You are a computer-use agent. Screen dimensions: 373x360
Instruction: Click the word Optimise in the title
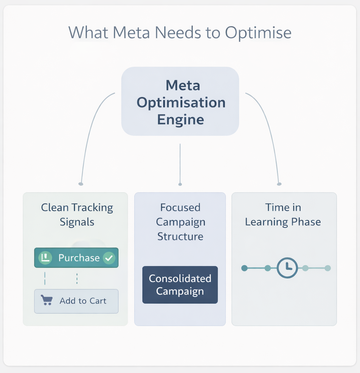pos(258,33)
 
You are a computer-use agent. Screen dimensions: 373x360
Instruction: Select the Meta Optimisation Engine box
pos(180,101)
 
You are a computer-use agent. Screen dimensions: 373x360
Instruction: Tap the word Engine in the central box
pos(180,120)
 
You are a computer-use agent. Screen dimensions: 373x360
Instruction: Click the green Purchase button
pos(76,258)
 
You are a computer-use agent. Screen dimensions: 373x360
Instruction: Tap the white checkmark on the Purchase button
pos(109,258)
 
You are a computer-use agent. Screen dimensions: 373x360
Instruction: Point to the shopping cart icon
pos(47,301)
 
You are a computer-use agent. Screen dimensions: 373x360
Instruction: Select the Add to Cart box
pos(76,301)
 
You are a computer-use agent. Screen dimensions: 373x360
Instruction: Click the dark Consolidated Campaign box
pos(180,285)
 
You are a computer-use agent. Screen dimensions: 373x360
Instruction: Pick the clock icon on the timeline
pos(287,268)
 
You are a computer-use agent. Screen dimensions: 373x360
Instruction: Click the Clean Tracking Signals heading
pos(77,215)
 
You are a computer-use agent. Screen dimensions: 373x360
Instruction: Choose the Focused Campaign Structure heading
pos(180,222)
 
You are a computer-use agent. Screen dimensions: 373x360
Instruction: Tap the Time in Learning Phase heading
pos(283,215)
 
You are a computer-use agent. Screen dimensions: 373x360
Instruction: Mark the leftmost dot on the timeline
pos(244,268)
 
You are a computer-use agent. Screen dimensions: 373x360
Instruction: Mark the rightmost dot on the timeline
pos(328,268)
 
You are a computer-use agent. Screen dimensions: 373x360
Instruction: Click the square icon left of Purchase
pos(45,258)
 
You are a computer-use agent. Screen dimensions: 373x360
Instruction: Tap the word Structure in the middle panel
pos(180,236)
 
